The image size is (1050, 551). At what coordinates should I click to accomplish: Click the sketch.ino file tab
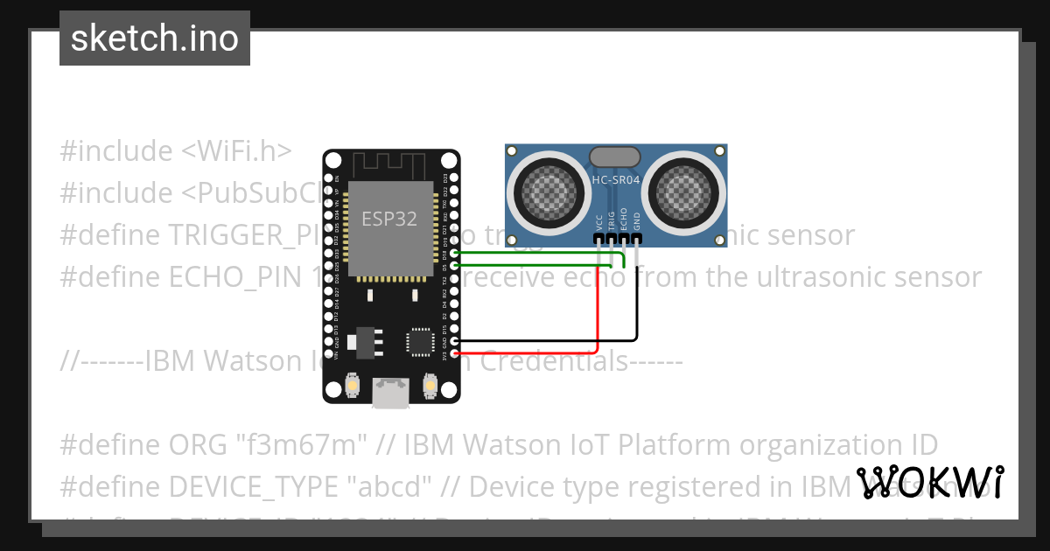[155, 38]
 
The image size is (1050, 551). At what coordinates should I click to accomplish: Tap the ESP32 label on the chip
[389, 219]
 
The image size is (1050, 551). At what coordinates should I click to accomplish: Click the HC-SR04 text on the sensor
[615, 181]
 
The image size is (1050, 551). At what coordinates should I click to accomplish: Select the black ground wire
[637, 297]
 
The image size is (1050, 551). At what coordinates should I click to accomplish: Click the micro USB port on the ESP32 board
[389, 393]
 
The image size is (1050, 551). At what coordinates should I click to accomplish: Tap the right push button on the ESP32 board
[430, 385]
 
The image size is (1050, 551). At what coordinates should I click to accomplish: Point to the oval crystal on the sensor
[615, 157]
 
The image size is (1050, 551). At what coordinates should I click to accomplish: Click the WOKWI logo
[930, 481]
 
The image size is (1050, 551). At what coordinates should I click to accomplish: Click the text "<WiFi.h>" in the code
[236, 151]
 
